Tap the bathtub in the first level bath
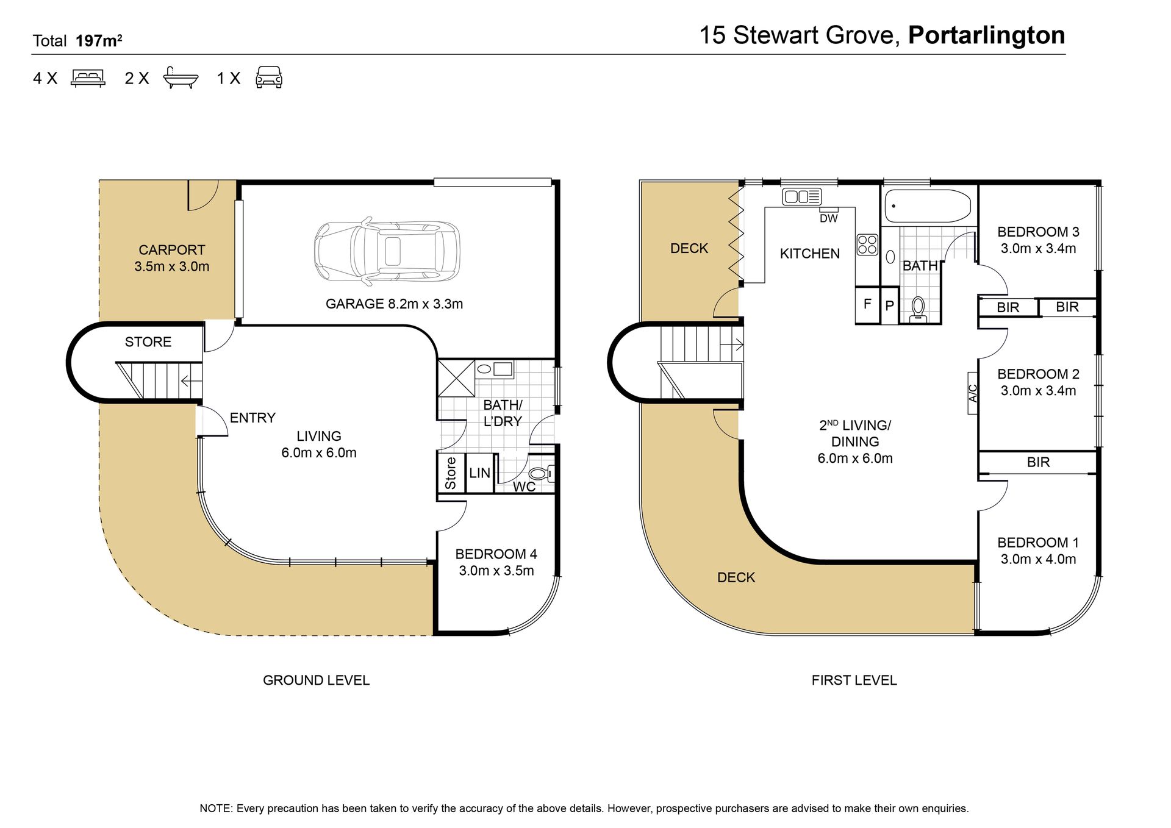(928, 206)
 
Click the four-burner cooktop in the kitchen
(867, 244)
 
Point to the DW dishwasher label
(828, 218)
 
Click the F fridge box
(867, 303)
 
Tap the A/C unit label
(973, 393)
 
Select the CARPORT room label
(172, 250)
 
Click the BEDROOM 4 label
(496, 554)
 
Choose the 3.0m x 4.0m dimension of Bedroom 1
(1038, 559)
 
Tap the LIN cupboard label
(479, 473)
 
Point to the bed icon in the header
(88, 78)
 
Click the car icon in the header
(269, 78)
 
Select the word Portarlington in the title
(987, 35)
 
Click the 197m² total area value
(99, 41)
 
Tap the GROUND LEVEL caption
(316, 680)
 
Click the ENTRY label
(252, 418)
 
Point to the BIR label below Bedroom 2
(1038, 462)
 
